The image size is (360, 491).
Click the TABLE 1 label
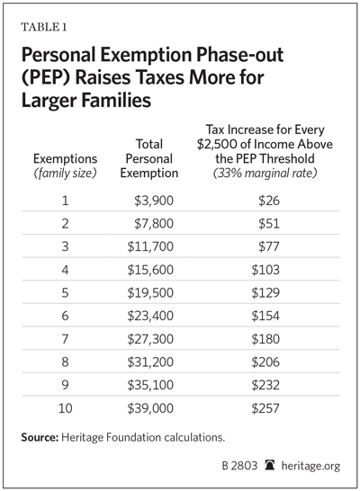pyautogui.click(x=44, y=27)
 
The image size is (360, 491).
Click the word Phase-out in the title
pyautogui.click(x=239, y=55)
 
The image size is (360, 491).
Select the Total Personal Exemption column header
pyautogui.click(x=149, y=159)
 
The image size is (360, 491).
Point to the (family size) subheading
pyautogui.click(x=65, y=174)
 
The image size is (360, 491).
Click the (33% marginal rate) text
pyautogui.click(x=265, y=174)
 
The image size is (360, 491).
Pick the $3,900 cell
pyautogui.click(x=154, y=201)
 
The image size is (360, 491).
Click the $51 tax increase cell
pyautogui.click(x=269, y=224)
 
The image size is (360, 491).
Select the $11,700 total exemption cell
pyautogui.click(x=150, y=246)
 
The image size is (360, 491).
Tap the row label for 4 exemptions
pyautogui.click(x=65, y=270)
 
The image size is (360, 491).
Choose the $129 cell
pyautogui.click(x=265, y=293)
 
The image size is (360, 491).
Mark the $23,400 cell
pyautogui.click(x=150, y=316)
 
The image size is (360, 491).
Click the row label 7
pyautogui.click(x=65, y=339)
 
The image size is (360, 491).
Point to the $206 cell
pyautogui.click(x=265, y=362)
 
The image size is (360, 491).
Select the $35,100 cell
pyautogui.click(x=150, y=385)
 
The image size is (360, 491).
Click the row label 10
pyautogui.click(x=65, y=408)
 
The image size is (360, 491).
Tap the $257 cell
pyautogui.click(x=265, y=408)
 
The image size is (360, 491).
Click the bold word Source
pyautogui.click(x=40, y=437)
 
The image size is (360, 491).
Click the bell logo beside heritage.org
pyautogui.click(x=269, y=465)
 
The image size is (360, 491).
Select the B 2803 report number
pyautogui.click(x=239, y=466)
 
